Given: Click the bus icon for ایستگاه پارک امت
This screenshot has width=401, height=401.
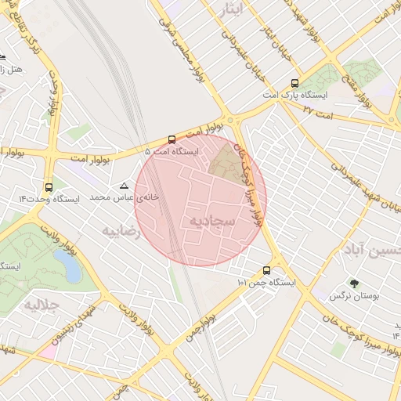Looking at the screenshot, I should tap(294, 83).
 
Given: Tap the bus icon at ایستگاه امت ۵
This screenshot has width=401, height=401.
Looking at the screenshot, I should tap(172, 139).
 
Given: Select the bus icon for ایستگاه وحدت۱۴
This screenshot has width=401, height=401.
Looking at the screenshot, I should tap(49, 187).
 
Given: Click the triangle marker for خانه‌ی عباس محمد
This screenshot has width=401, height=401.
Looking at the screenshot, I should tap(123, 186).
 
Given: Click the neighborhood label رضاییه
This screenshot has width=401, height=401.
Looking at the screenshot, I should tap(122, 232).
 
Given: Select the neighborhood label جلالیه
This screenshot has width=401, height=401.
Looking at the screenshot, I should tap(42, 303).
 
